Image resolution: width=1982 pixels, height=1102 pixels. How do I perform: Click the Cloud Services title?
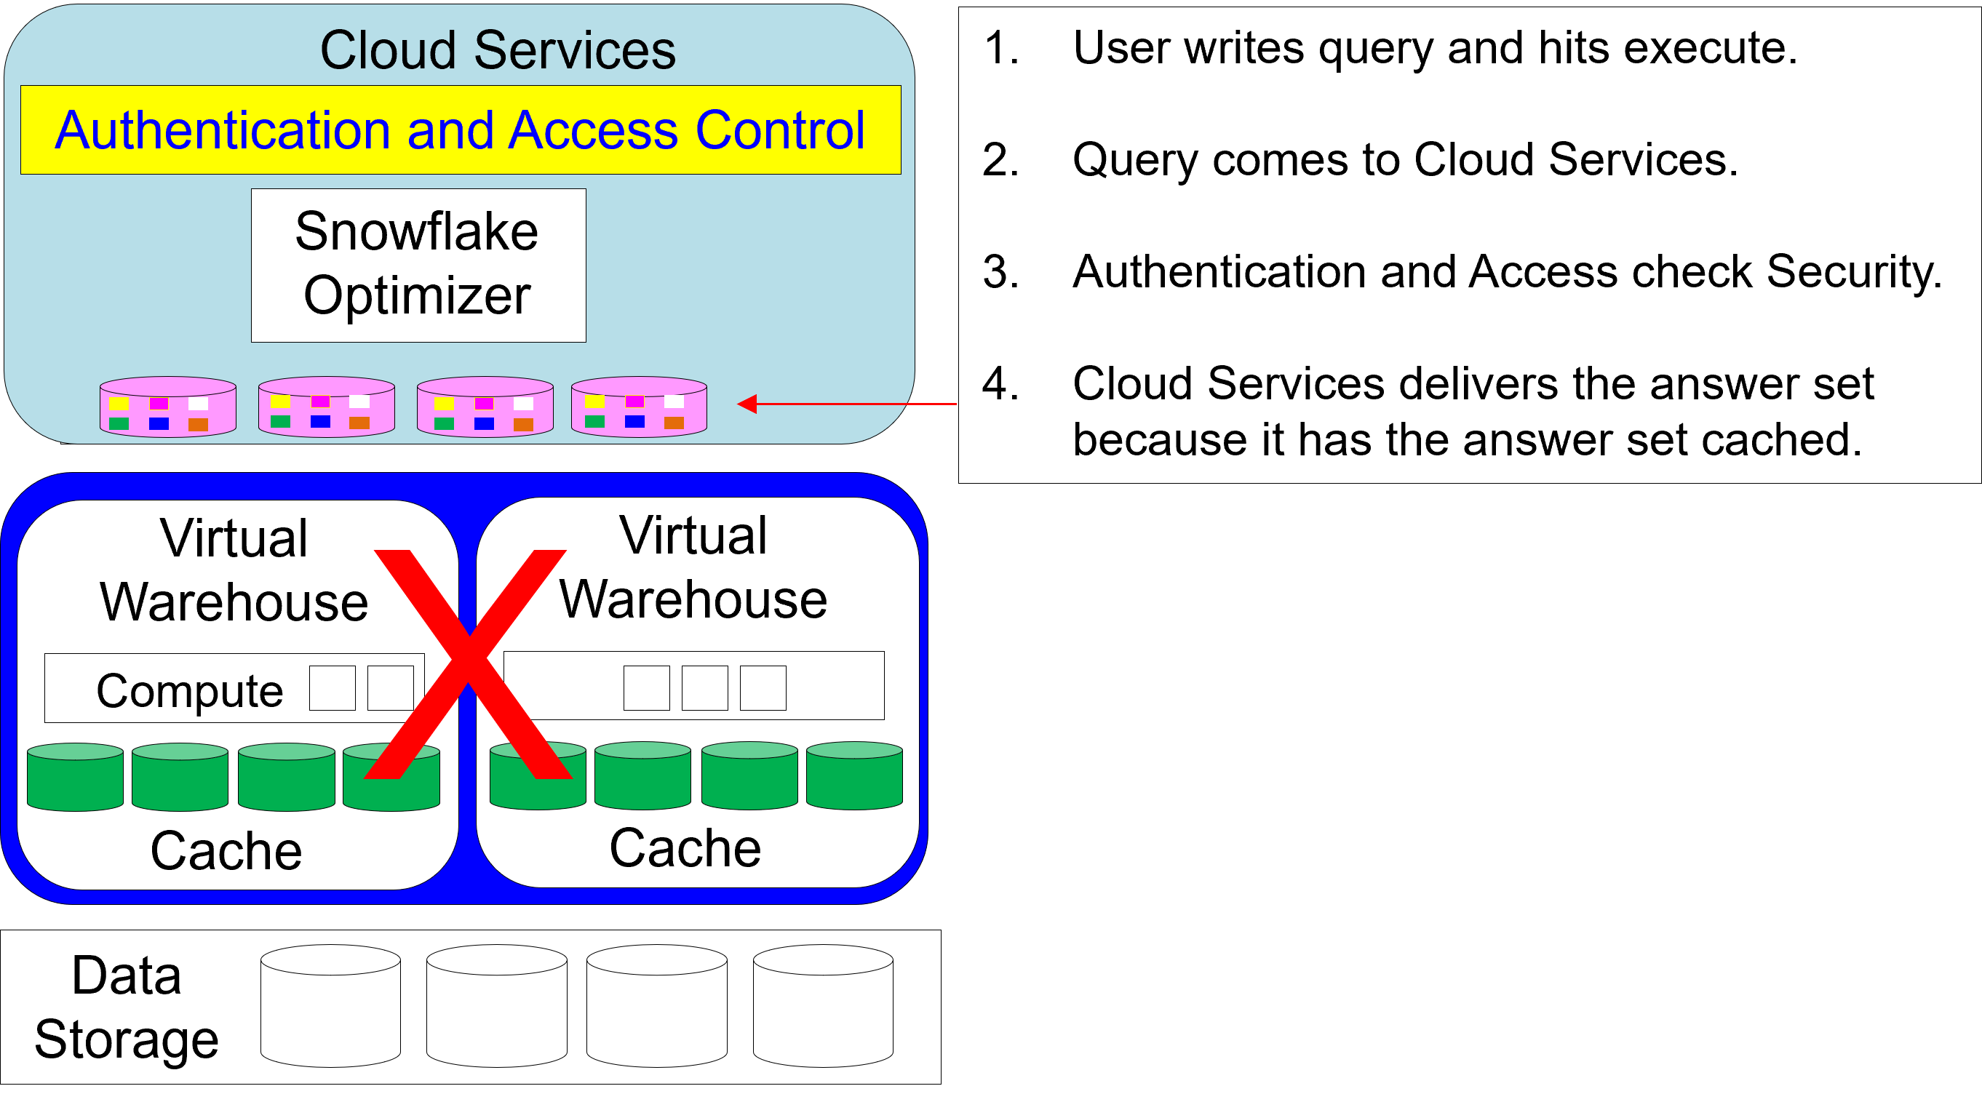(x=498, y=51)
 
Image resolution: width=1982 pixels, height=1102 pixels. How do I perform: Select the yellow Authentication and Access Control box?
(x=460, y=130)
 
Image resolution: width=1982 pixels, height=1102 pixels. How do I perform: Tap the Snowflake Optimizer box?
(x=418, y=265)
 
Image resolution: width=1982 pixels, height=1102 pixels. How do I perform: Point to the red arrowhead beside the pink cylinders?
(x=747, y=404)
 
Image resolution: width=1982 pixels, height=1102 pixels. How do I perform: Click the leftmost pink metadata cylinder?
(x=168, y=407)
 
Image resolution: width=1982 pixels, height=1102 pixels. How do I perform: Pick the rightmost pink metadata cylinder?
(x=639, y=407)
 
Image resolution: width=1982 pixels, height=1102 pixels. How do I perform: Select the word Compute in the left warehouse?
(x=189, y=690)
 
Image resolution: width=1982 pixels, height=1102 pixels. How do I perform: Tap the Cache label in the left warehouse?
(x=226, y=850)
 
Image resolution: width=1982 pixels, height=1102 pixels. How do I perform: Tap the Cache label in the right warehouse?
(x=685, y=848)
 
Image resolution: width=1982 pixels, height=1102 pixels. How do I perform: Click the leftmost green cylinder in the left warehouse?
(x=76, y=777)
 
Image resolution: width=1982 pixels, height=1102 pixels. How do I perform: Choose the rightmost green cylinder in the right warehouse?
(x=854, y=775)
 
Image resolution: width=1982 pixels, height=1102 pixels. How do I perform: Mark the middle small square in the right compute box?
(x=705, y=687)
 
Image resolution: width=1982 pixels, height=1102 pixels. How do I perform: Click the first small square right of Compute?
(x=333, y=687)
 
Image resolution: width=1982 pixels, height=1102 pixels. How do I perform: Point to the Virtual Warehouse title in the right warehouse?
(x=693, y=567)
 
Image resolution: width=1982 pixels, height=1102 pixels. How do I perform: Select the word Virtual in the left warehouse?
(x=234, y=538)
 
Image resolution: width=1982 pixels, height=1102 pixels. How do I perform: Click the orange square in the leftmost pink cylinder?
(x=199, y=425)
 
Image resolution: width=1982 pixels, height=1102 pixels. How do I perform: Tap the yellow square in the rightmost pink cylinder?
(x=594, y=402)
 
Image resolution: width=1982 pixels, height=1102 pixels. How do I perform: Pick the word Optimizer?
(x=417, y=295)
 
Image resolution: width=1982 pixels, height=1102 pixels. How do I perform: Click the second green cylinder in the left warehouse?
(x=180, y=777)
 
